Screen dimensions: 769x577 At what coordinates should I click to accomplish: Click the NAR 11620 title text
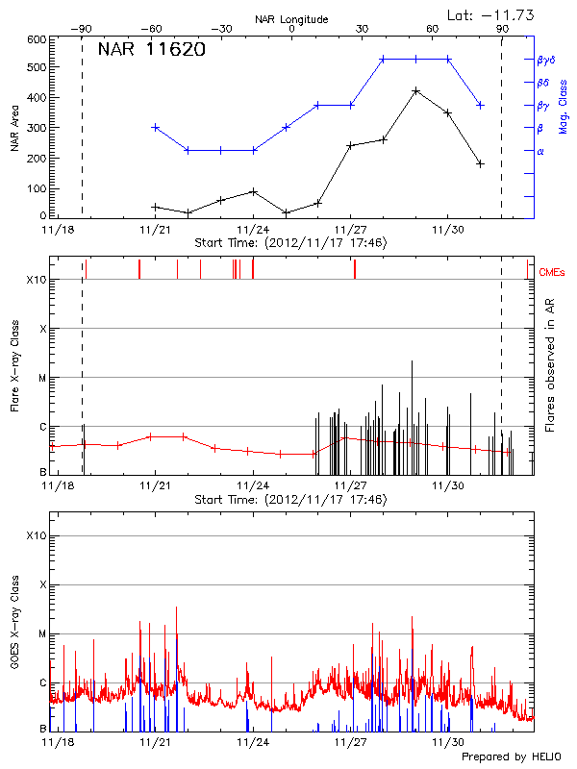(x=151, y=50)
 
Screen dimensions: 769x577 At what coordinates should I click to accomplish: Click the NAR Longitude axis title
(x=291, y=18)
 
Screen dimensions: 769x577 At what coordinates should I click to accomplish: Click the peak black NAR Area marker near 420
(x=415, y=90)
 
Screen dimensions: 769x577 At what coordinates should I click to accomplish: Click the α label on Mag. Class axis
(x=539, y=151)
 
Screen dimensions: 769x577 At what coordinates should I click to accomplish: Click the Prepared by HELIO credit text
(x=511, y=757)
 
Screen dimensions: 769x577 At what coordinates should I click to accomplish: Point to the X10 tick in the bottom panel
(x=38, y=535)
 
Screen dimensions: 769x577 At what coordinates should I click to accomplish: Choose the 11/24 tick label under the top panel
(x=253, y=231)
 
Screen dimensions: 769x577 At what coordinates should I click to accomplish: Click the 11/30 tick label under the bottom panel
(x=447, y=742)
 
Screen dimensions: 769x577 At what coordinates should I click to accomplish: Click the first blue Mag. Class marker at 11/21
(x=155, y=127)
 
